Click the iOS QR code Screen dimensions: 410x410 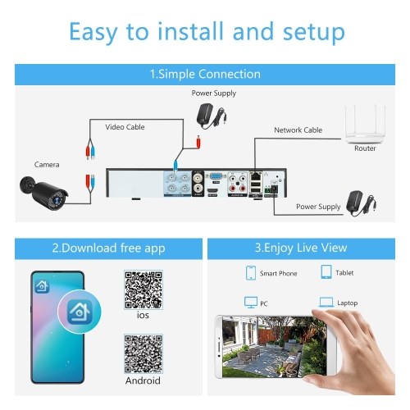143,289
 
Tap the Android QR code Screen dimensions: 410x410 143,353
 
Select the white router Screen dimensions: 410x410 365,125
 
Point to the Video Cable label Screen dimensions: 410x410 125,127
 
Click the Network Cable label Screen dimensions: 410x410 298,130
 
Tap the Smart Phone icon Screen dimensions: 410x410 251,273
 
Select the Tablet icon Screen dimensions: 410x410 326,272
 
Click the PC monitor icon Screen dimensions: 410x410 251,303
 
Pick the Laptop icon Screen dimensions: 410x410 326,303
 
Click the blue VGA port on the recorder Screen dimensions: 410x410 216,176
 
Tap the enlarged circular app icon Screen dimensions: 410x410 80,312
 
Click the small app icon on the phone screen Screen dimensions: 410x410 42,286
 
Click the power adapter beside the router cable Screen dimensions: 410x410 361,203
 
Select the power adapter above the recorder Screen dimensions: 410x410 212,116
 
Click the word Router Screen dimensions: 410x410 365,148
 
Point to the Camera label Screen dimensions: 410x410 47,165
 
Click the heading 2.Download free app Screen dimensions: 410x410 108,248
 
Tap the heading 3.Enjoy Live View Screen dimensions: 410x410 301,248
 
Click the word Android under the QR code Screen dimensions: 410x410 143,380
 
